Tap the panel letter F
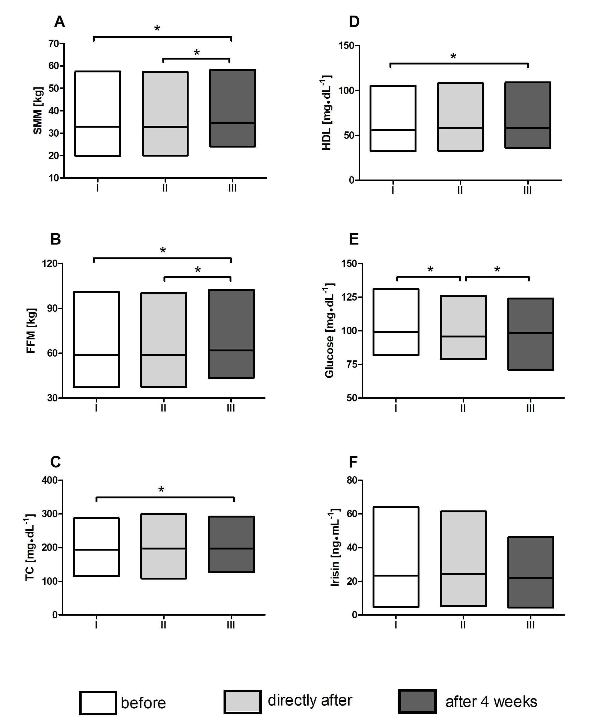[353, 462]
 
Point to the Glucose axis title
[329, 330]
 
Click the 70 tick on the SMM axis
[54, 44]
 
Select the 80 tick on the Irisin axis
[352, 480]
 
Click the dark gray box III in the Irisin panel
[531, 572]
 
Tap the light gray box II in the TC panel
[164, 546]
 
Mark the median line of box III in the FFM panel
[231, 350]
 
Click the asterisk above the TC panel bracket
[161, 489]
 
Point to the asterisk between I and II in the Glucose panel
[430, 269]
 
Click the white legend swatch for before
[98, 703]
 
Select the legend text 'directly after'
[310, 700]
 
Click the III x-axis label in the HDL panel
[528, 190]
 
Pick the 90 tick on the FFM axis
[52, 308]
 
